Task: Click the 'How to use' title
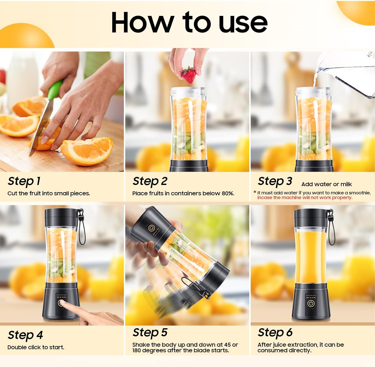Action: [x=189, y=23]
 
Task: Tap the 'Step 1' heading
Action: [x=24, y=181]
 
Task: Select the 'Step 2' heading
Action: [x=150, y=181]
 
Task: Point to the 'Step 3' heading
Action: [x=275, y=181]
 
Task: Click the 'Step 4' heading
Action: [x=25, y=335]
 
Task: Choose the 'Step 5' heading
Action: [x=150, y=333]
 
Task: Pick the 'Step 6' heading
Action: [x=275, y=333]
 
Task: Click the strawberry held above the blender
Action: [x=189, y=75]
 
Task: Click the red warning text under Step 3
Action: [x=305, y=198]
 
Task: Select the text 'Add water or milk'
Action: [x=326, y=184]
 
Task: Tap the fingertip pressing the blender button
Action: [x=62, y=304]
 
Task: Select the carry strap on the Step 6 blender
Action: [x=331, y=228]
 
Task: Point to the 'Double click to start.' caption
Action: [x=36, y=347]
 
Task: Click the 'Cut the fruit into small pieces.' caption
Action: [x=48, y=194]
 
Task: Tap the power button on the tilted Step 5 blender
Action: [x=151, y=228]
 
